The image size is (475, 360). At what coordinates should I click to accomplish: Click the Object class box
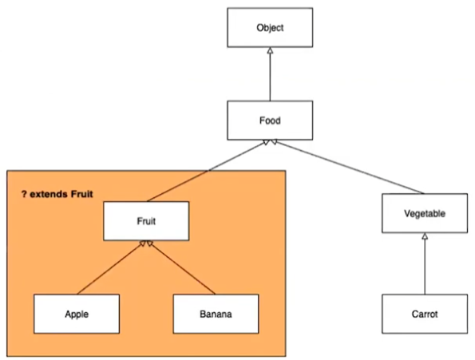tap(270, 28)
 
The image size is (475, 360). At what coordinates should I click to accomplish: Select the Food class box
tap(270, 121)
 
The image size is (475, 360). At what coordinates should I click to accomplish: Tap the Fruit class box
tap(146, 221)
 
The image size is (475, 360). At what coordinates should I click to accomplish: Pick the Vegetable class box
tap(425, 213)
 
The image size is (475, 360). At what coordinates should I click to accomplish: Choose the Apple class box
tap(77, 314)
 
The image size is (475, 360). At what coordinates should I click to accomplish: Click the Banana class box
tap(216, 314)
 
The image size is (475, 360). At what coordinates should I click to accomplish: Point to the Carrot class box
tap(425, 314)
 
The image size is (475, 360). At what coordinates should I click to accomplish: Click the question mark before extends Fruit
tap(24, 194)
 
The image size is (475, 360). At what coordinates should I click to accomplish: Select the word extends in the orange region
tap(49, 194)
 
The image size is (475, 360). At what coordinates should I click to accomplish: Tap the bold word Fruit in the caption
tap(81, 194)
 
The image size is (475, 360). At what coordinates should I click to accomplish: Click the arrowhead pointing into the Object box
tap(270, 51)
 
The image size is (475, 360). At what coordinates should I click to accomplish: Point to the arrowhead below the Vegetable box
tap(425, 236)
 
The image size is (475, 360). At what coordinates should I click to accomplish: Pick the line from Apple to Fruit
tap(112, 267)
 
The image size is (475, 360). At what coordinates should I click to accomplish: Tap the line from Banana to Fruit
tap(181, 267)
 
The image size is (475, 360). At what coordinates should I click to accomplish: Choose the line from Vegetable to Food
tap(348, 167)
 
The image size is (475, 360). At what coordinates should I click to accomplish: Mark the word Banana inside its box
tap(216, 314)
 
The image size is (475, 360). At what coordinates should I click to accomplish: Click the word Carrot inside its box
tap(425, 314)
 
